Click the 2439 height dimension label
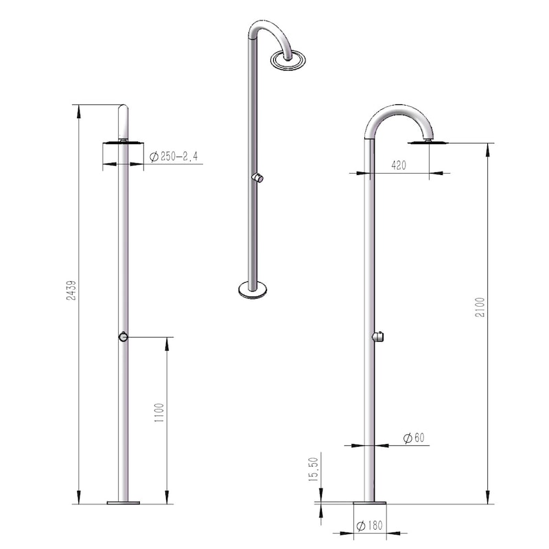71,290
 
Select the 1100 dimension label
159,412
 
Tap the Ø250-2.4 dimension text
174,156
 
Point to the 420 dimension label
399,165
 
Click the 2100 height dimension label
480,307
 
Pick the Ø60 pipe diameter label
414,438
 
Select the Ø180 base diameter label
369,525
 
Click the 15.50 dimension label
314,469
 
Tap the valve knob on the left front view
123,337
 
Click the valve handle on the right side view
378,336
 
